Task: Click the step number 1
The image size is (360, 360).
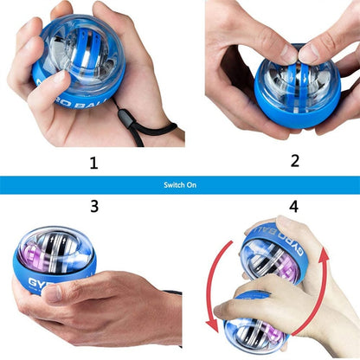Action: pos(93,162)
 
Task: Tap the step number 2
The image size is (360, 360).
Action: pos(294,160)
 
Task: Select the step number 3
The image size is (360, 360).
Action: pos(93,207)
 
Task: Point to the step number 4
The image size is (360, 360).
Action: pos(293,207)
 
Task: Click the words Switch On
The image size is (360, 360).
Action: pos(179,184)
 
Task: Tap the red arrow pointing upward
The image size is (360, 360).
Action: pos(334,286)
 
